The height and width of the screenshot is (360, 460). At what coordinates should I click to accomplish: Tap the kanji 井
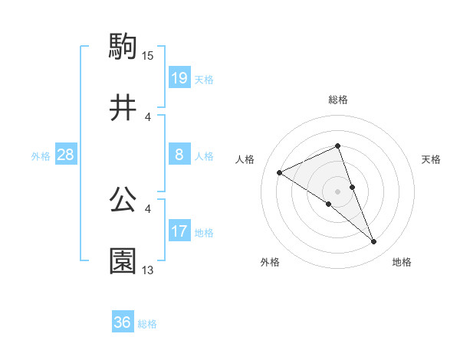pyautogui.click(x=123, y=108)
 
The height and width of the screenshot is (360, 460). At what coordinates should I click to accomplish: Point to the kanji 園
pyautogui.click(x=123, y=261)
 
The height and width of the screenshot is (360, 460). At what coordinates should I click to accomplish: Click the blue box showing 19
pyautogui.click(x=179, y=78)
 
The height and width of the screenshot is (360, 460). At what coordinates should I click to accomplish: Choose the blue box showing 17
pyautogui.click(x=179, y=231)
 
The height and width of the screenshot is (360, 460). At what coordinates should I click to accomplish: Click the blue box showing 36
pyautogui.click(x=123, y=322)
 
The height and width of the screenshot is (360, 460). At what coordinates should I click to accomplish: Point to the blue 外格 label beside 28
pyautogui.click(x=41, y=156)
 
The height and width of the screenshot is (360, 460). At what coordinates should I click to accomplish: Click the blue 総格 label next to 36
pyautogui.click(x=147, y=324)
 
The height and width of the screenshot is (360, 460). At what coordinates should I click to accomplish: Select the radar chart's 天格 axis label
pyautogui.click(x=432, y=159)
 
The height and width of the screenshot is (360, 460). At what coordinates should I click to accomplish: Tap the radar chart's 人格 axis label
pyautogui.click(x=245, y=159)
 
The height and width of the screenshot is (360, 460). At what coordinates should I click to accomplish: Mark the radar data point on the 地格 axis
pyautogui.click(x=374, y=242)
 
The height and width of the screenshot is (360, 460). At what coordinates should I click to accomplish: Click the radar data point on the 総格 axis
pyautogui.click(x=337, y=146)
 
